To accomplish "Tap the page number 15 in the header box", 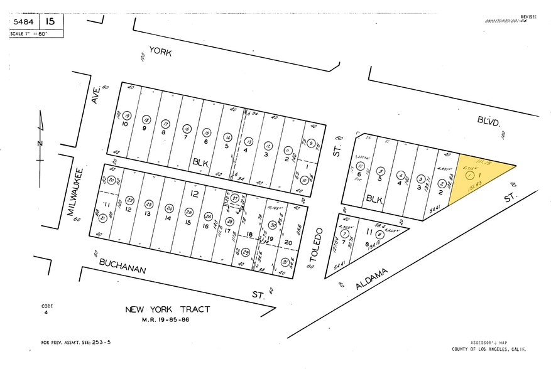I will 52,21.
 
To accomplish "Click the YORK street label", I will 160,53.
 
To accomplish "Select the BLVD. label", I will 488,119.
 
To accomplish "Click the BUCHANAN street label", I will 121,264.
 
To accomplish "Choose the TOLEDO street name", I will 318,243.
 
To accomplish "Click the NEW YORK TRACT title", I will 167,309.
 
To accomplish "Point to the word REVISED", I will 529,17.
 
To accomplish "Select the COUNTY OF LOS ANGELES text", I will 489,349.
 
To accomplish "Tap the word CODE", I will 48,306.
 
